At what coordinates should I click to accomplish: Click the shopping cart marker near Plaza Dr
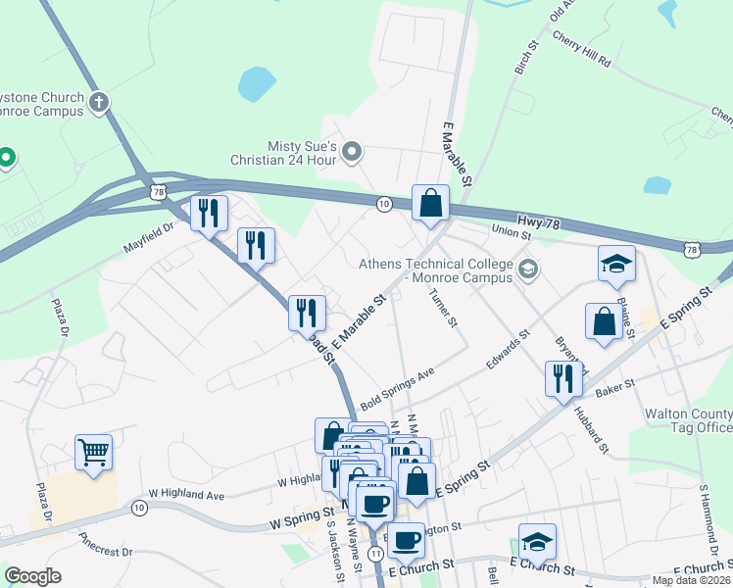tap(94, 453)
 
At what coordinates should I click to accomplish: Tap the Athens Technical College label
tap(436, 270)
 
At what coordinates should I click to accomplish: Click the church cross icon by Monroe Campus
tap(98, 102)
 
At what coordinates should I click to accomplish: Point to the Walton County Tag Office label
tap(688, 420)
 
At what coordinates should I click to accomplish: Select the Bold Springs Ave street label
tap(397, 388)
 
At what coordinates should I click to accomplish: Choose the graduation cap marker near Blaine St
tap(616, 263)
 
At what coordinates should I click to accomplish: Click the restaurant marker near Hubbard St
tap(562, 378)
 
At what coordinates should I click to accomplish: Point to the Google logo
tap(32, 576)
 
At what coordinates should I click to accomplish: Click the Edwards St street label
tap(508, 350)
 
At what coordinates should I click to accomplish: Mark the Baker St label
tap(616, 384)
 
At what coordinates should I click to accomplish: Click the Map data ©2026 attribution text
tap(690, 580)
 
